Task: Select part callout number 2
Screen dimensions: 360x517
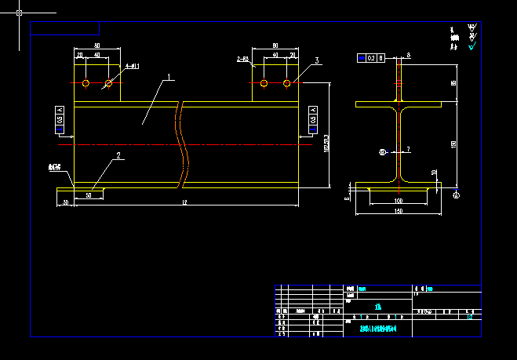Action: [118, 155]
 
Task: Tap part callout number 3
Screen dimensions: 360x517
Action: [316, 60]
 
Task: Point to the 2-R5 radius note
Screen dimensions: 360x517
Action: [242, 59]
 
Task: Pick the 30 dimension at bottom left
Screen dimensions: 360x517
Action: [65, 202]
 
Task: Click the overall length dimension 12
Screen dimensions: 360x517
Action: [184, 203]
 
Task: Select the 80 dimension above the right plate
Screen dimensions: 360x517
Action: [275, 46]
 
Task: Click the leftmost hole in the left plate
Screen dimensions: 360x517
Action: [86, 82]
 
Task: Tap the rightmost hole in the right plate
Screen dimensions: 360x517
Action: [287, 82]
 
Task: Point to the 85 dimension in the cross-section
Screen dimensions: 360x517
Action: [453, 82]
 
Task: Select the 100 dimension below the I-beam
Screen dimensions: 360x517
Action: [398, 202]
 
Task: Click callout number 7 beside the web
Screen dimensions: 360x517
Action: [408, 148]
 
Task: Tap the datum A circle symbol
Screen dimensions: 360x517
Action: [457, 195]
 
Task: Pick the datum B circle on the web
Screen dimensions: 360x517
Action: [383, 152]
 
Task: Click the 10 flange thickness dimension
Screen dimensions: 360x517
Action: [434, 173]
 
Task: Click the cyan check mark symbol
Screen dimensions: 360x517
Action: [472, 46]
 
